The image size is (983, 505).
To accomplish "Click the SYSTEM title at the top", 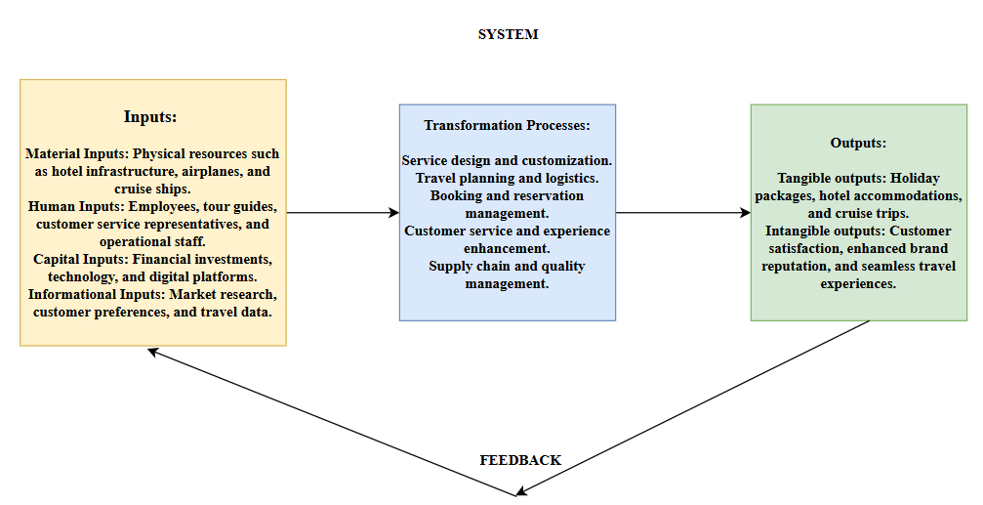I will (508, 34).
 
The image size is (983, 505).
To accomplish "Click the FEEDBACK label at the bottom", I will (520, 460).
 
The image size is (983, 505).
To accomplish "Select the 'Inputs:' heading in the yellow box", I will (150, 116).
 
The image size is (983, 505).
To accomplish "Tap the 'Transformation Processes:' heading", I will (507, 126).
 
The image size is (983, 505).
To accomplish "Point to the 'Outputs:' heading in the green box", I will (858, 143).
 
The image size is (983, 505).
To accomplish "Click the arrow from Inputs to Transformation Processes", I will (342, 212).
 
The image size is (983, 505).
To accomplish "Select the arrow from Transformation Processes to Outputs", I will (682, 212).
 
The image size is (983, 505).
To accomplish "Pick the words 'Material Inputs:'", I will (77, 153).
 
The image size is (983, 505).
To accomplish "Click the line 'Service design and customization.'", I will (507, 160).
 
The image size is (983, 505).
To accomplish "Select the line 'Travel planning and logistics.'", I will (507, 178).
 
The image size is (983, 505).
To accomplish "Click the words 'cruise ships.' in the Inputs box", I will (153, 189).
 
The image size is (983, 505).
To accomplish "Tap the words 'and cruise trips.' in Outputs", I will (858, 213).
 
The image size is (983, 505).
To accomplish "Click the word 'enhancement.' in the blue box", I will (507, 248).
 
